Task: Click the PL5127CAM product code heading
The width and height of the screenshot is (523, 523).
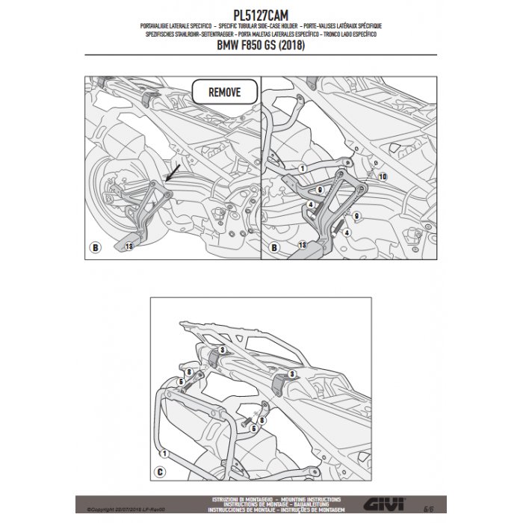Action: [261, 13]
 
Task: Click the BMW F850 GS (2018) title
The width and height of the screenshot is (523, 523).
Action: [261, 61]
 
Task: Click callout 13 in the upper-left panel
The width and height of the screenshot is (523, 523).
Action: [129, 246]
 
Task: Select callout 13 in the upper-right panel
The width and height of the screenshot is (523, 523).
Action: [302, 244]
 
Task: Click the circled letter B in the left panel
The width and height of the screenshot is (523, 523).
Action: [94, 246]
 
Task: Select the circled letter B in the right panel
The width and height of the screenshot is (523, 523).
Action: [274, 246]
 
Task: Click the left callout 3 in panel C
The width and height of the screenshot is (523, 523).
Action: [221, 350]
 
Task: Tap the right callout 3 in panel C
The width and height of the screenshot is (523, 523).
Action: [292, 371]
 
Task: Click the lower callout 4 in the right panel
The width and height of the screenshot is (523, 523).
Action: [346, 232]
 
